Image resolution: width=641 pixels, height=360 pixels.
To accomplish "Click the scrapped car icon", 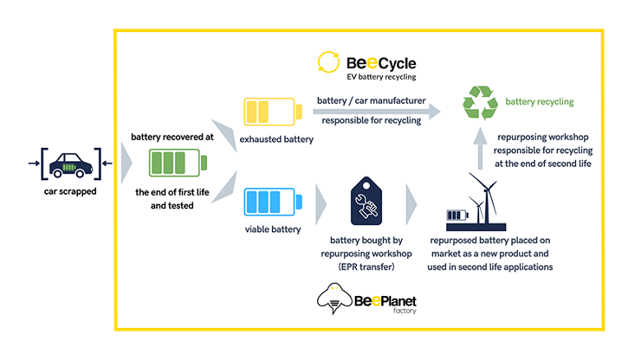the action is [71, 165].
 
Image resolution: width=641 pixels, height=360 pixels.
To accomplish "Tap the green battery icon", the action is [178, 163].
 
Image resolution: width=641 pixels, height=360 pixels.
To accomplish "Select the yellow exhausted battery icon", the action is [273, 112].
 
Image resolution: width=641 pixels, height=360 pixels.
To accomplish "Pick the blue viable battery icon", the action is [273, 201].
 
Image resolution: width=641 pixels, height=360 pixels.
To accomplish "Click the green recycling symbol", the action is [480, 103].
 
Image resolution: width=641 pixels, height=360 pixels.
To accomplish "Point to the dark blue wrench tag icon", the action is [367, 201].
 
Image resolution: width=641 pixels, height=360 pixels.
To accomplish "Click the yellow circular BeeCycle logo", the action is [328, 62].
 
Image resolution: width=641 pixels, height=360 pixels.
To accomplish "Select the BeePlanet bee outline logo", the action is [334, 298].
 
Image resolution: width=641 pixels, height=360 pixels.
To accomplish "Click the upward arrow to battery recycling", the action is [481, 148].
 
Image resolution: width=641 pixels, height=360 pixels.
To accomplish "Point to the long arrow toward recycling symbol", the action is [376, 111].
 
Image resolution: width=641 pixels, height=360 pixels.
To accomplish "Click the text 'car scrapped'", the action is [71, 192].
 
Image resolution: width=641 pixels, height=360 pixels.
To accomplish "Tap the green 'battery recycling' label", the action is [540, 101].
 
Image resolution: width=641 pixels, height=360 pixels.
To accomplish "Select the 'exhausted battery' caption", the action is [276, 139].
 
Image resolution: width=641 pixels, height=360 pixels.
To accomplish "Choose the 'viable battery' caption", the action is [273, 229].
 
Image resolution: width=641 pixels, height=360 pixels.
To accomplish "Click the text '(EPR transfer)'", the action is [367, 267].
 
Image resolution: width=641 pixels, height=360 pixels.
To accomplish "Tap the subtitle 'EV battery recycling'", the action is [381, 77].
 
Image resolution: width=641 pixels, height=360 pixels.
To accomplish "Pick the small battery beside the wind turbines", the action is [458, 215].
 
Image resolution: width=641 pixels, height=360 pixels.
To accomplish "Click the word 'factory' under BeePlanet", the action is [404, 311].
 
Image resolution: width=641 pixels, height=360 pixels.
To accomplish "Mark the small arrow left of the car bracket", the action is [34, 164].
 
